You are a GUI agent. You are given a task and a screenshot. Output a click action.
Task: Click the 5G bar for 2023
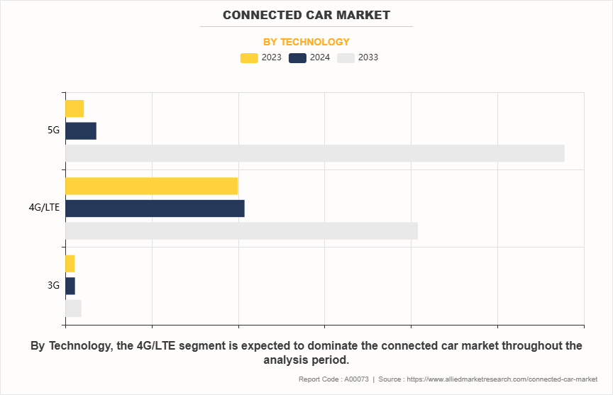coord(74,109)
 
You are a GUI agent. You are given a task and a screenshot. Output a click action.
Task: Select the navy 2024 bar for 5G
coord(81,131)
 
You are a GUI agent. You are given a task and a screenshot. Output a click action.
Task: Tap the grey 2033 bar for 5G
coord(314,153)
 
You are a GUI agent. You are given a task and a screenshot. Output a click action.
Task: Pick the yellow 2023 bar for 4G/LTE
coord(151,186)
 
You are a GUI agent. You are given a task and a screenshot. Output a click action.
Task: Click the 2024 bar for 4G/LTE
coord(155,208)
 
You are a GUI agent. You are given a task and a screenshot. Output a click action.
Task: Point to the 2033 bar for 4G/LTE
coord(241,230)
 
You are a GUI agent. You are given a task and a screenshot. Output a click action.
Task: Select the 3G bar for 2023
coord(70,263)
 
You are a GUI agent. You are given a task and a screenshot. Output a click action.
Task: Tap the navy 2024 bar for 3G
coord(70,286)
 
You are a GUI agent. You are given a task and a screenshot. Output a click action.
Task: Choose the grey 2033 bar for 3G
coord(73,308)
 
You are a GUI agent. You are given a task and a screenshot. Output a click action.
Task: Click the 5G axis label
coord(53,130)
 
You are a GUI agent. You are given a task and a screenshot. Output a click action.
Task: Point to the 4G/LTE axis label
coord(44,208)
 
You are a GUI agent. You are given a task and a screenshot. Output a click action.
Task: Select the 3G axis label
coord(53,286)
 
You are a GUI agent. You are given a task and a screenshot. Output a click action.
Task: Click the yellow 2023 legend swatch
coord(249,58)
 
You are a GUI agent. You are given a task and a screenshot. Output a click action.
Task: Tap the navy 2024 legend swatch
coord(297,58)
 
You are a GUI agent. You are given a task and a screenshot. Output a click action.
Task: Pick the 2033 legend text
coord(368,58)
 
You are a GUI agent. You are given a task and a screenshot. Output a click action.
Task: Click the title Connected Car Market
coord(306,15)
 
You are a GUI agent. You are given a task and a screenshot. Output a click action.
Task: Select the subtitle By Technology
coord(306,42)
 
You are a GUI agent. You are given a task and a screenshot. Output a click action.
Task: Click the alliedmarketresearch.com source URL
coord(501,379)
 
